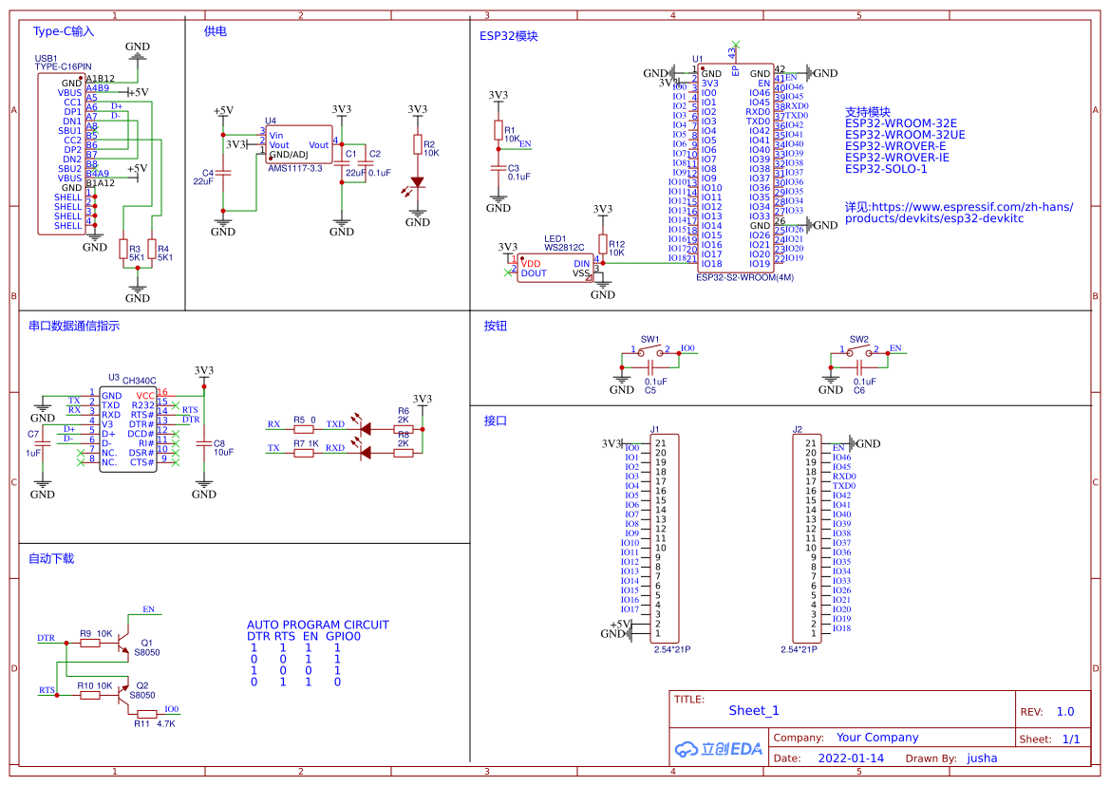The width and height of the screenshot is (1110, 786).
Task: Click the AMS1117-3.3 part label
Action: click(295, 167)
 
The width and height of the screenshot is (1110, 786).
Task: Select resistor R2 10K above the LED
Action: click(418, 144)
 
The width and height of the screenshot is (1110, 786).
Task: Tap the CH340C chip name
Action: click(140, 379)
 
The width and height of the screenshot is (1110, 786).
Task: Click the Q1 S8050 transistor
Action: click(124, 647)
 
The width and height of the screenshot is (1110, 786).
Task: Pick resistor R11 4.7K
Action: click(146, 713)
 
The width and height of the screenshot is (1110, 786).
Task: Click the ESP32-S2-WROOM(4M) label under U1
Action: click(744, 278)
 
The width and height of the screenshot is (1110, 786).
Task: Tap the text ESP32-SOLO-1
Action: click(886, 169)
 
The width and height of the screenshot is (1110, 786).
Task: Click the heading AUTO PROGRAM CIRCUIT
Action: click(318, 625)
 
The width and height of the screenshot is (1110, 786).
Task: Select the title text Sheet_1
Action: click(754, 710)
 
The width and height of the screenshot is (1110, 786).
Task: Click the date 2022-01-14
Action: click(851, 758)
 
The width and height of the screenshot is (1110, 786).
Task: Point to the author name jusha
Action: click(982, 758)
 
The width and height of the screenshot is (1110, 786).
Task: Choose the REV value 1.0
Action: click(1065, 711)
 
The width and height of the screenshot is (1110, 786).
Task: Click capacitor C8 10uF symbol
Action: click(203, 443)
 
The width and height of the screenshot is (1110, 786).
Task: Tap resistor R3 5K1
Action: click(122, 249)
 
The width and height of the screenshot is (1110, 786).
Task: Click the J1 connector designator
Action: click(654, 430)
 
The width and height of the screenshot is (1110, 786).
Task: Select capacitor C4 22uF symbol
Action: click(223, 174)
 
